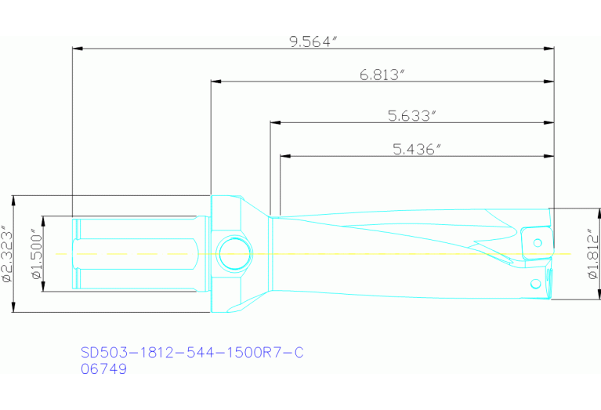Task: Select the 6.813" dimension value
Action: click(x=382, y=75)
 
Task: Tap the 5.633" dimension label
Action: click(x=411, y=116)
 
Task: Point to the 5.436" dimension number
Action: click(x=417, y=149)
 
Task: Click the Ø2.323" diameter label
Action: click(x=8, y=253)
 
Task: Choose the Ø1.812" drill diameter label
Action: click(x=592, y=253)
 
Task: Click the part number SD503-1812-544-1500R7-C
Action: click(x=192, y=353)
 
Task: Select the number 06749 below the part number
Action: click(x=104, y=369)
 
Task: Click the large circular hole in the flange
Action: click(x=234, y=253)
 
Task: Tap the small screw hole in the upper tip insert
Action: click(x=538, y=241)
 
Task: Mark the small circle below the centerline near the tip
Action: click(x=536, y=283)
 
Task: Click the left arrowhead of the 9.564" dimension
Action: click(x=77, y=49)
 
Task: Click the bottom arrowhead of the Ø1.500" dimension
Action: click(x=43, y=287)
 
